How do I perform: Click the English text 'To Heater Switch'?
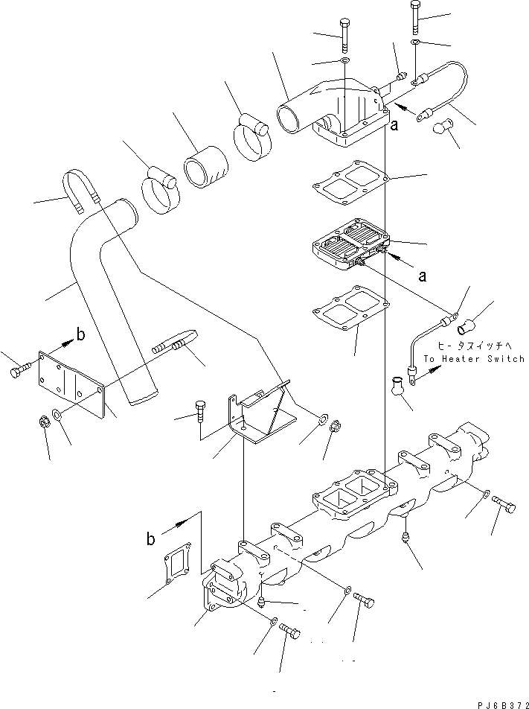474,358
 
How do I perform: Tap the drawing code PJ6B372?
498,702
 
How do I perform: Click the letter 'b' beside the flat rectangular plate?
80,334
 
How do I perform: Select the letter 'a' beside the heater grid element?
423,276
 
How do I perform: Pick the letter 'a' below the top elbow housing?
394,126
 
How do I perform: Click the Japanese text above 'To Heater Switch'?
474,346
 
